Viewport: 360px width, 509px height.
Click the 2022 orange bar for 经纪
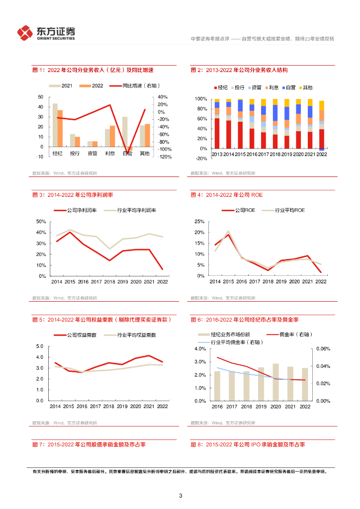click(x=60, y=128)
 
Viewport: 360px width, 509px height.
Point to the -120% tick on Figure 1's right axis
click(x=165, y=157)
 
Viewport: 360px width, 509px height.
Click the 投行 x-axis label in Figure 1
click(x=75, y=153)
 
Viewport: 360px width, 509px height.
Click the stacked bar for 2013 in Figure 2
click(x=217, y=124)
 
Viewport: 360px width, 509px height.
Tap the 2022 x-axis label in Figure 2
click(x=322, y=155)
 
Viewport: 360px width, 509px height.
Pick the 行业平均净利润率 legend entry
click(x=130, y=211)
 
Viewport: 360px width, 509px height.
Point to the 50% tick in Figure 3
click(x=41, y=222)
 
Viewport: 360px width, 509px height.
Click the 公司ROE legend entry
click(x=239, y=211)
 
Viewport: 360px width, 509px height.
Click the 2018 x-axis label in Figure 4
click(x=268, y=281)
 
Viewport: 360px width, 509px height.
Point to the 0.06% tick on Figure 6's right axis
click(x=323, y=349)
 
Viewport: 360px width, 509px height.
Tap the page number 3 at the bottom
click(x=180, y=496)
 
